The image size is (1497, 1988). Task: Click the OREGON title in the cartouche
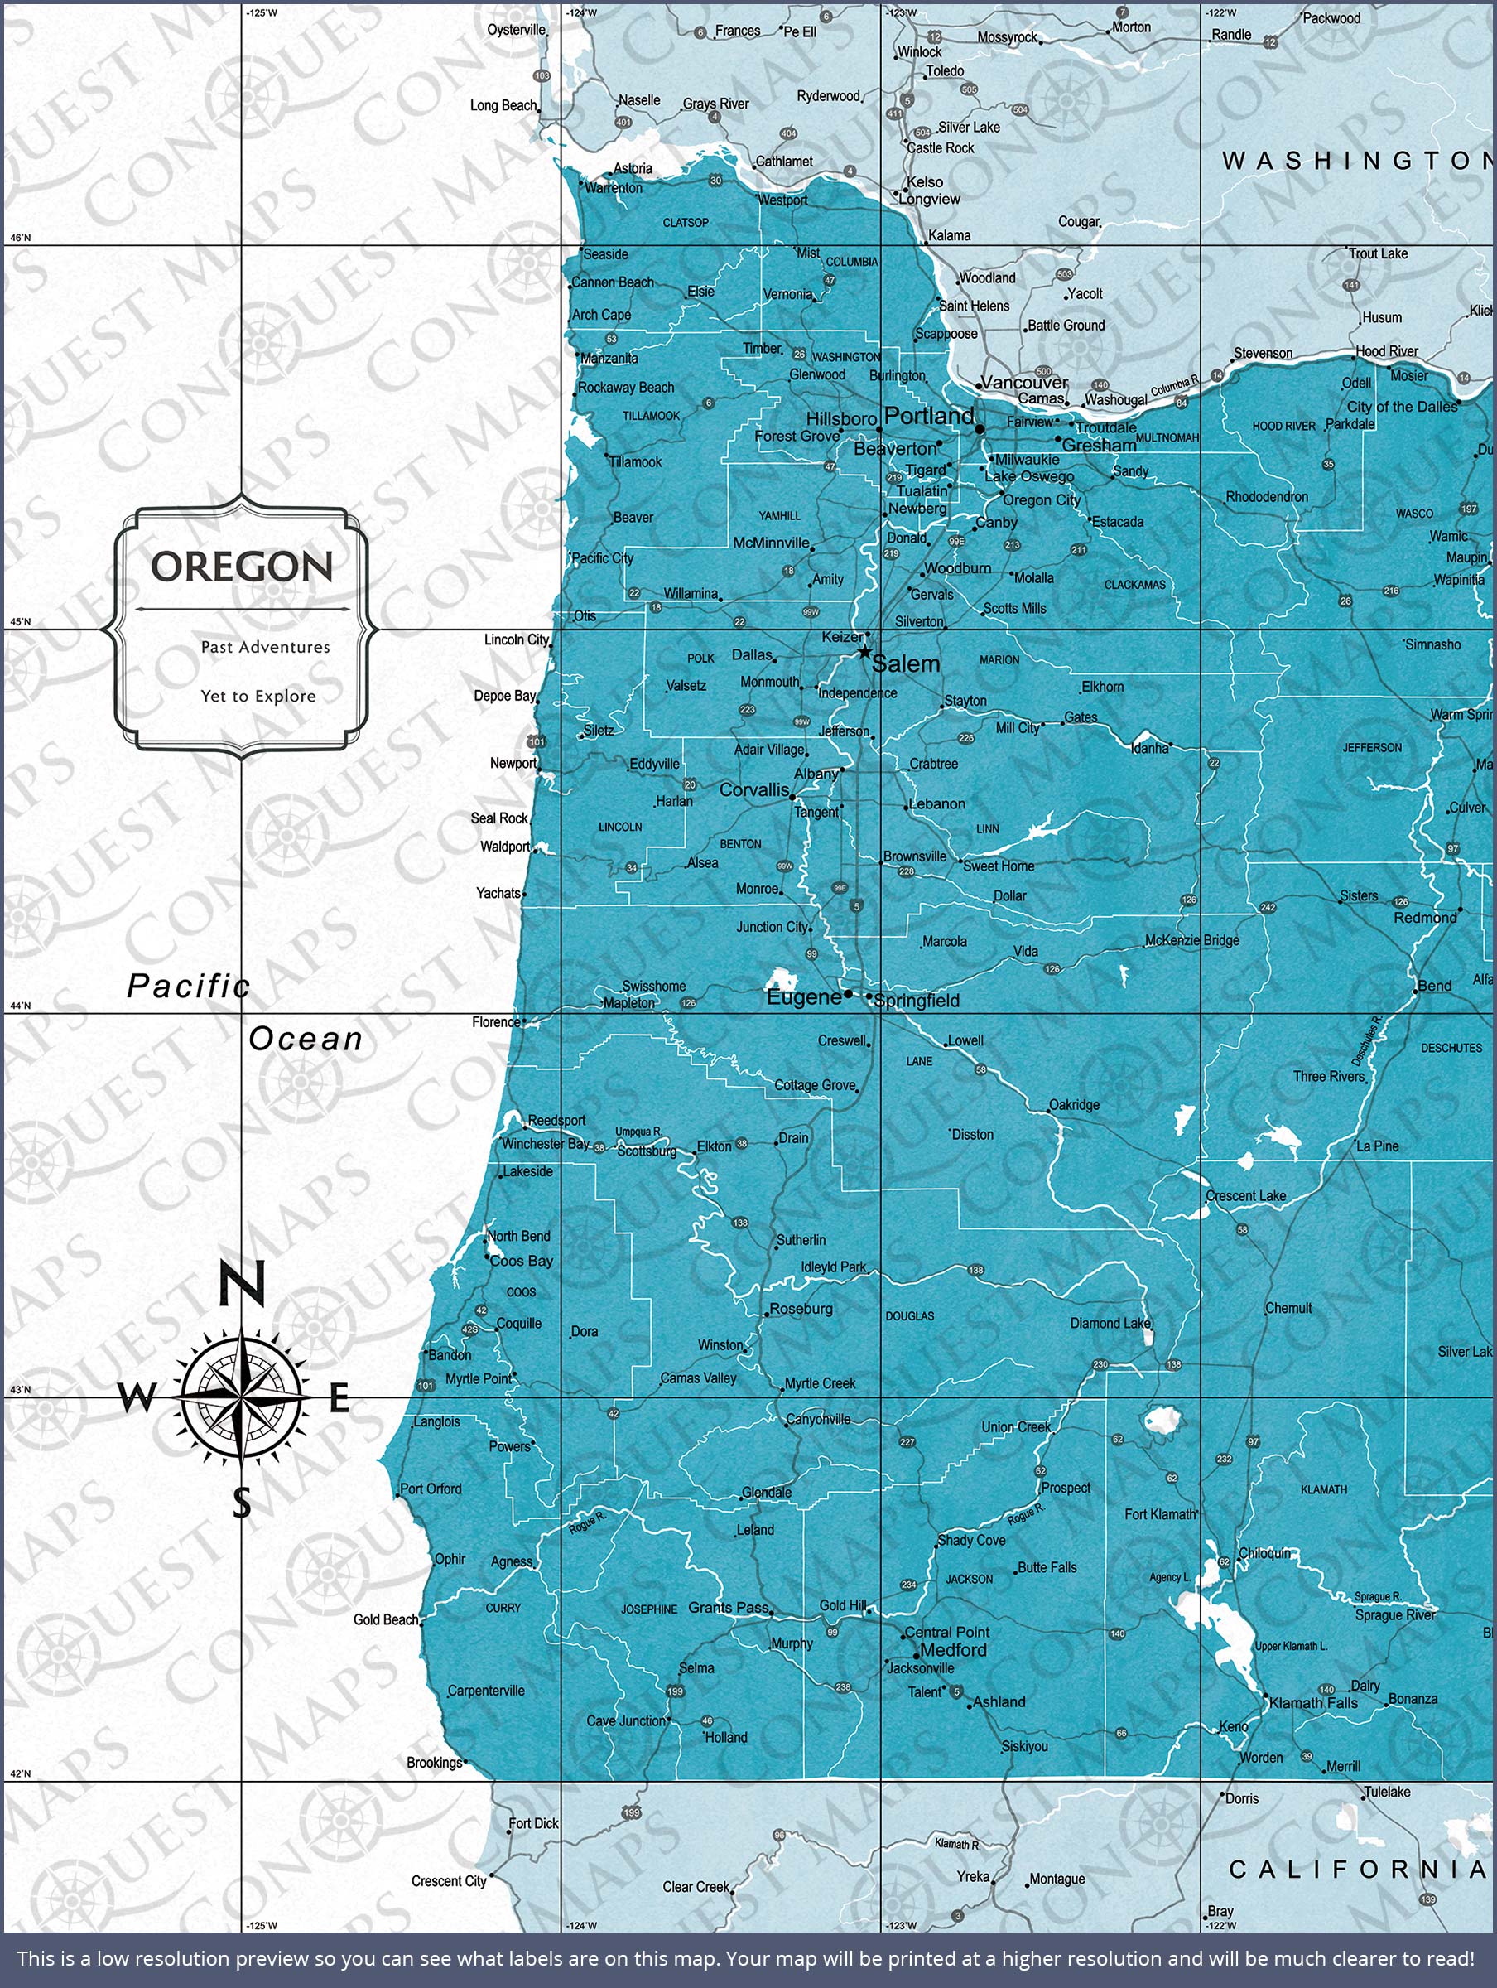tap(241, 567)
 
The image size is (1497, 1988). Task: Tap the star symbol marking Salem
tap(864, 652)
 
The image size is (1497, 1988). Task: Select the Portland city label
tap(928, 416)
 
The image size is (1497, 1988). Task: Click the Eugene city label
tap(803, 997)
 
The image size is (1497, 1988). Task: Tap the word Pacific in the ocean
tap(188, 987)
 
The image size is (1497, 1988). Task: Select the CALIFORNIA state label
tap(1357, 1870)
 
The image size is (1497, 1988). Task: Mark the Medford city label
tap(953, 1650)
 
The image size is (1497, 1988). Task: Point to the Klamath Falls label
tap(1313, 1702)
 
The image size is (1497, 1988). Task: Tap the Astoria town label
tap(633, 169)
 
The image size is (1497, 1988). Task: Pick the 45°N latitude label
tap(20, 622)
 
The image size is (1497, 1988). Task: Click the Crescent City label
tap(449, 1881)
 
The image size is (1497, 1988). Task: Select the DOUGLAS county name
tap(909, 1315)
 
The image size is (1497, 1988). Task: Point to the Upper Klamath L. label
tap(1290, 1646)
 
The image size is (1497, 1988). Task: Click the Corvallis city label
tap(754, 790)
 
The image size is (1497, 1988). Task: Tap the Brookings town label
tap(434, 1763)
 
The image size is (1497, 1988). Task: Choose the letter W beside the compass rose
tap(137, 1398)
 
